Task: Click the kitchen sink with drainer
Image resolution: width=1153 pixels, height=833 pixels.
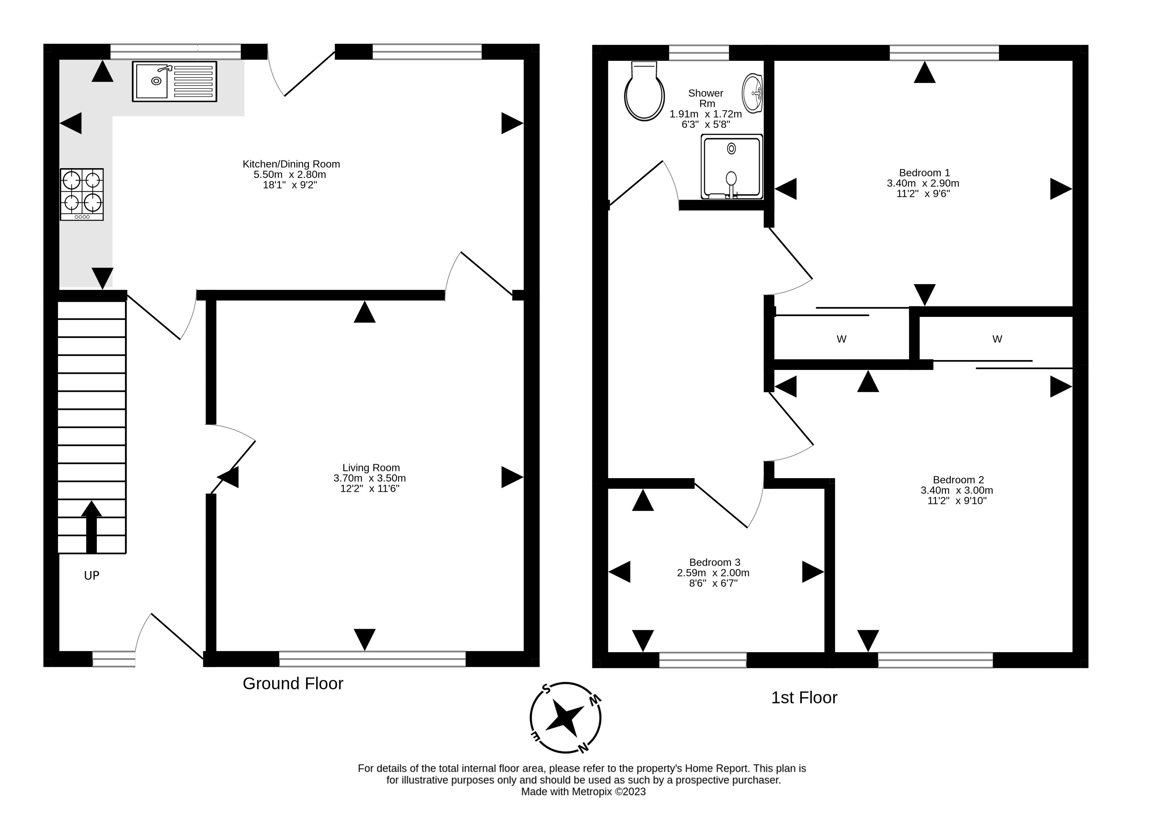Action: [174, 81]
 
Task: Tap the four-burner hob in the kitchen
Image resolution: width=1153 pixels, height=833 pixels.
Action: [82, 194]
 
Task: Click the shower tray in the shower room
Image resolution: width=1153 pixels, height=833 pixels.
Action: [732, 167]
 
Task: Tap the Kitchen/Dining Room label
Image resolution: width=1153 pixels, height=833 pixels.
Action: [291, 164]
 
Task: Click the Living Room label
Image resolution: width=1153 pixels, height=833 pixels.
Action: [371, 468]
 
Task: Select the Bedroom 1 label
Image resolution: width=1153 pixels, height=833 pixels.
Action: [924, 173]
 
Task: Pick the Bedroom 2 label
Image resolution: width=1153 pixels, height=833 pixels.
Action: [958, 480]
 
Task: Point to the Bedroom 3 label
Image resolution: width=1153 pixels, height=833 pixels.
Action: [715, 562]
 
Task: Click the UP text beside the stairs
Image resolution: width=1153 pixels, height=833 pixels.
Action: [92, 576]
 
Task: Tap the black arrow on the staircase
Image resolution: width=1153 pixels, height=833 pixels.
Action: [92, 527]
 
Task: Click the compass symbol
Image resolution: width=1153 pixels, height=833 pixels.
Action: [565, 718]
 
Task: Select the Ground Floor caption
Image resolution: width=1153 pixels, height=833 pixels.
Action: [293, 684]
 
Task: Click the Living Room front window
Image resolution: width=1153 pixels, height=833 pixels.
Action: [372, 659]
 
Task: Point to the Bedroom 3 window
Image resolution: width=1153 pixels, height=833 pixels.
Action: [702, 660]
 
